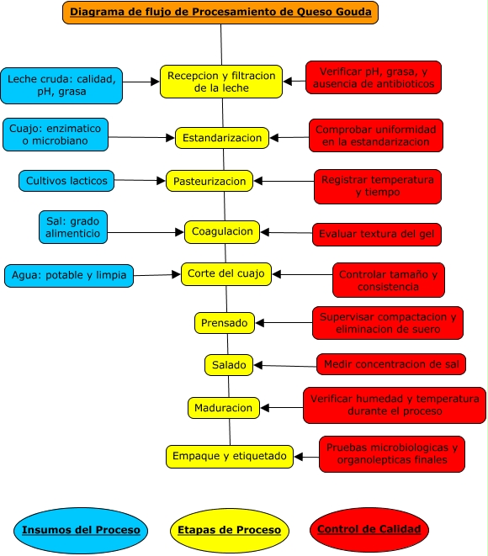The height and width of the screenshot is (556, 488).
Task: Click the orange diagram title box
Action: (220, 12)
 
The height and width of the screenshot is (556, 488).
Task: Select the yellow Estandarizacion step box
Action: (222, 137)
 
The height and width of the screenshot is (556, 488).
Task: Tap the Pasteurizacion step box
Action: (210, 181)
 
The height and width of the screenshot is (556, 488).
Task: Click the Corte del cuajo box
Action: (226, 273)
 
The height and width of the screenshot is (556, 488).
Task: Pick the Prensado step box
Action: (225, 322)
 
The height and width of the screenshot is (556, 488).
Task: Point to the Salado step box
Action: (229, 365)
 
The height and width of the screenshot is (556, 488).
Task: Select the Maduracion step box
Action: (223, 408)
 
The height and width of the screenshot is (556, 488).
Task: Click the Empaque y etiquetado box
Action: (230, 456)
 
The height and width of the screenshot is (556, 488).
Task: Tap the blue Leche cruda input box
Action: (61, 86)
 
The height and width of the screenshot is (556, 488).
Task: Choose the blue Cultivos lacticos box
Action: (66, 180)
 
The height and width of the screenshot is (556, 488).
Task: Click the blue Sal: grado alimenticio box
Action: (73, 227)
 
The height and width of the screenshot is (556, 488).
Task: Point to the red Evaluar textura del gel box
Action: (377, 234)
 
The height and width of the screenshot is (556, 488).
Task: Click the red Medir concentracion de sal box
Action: (391, 364)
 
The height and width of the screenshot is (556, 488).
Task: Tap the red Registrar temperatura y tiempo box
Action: (378, 187)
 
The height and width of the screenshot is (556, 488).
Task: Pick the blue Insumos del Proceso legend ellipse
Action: (81, 530)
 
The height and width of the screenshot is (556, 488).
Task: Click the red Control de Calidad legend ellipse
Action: (369, 529)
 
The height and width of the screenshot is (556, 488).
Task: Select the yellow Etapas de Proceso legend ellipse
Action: (230, 530)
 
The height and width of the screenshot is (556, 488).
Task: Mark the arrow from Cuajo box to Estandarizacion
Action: (141, 137)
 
